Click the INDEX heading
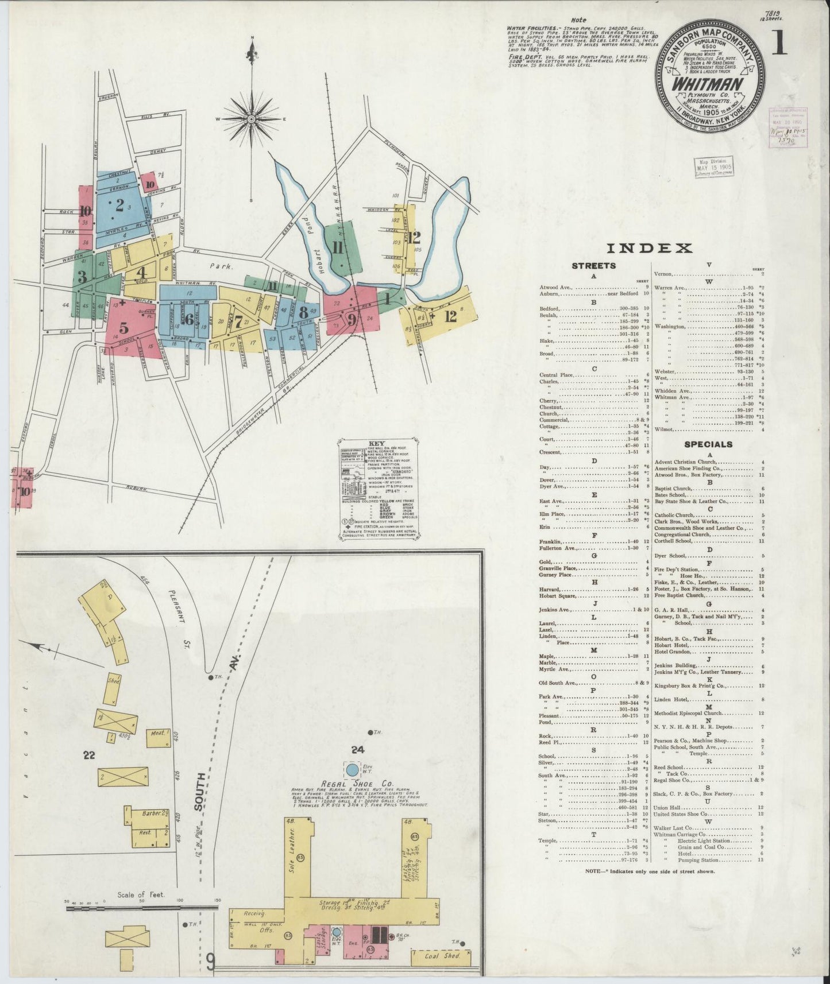tap(649, 248)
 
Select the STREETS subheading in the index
tap(593, 266)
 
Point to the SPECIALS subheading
tap(708, 444)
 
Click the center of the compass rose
tap(252, 119)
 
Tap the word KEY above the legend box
tap(377, 444)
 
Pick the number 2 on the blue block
tap(119, 205)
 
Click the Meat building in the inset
tap(157, 733)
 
